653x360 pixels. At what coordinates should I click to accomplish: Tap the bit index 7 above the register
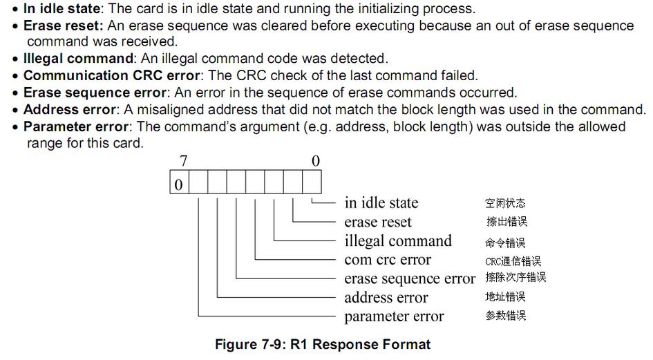point(184,161)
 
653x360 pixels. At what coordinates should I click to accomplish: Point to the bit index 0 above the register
point(316,161)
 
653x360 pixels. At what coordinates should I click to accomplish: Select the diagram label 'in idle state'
point(381,202)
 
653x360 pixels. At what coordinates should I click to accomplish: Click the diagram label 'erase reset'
point(377,222)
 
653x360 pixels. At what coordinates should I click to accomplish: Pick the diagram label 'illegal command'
point(397,241)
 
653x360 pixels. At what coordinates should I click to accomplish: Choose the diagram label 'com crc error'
point(387,260)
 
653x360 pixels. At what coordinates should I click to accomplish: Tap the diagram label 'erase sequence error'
point(410,278)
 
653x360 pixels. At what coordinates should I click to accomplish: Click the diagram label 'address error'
point(386,298)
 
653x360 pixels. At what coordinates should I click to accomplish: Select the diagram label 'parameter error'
point(394,316)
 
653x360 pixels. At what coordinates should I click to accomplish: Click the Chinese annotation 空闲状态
point(505,203)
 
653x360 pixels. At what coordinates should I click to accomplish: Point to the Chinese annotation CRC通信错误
point(513,261)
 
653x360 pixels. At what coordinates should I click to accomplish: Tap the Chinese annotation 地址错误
point(505,297)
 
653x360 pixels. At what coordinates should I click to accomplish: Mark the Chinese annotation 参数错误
point(505,316)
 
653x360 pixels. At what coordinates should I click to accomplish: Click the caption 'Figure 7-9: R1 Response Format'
point(323,344)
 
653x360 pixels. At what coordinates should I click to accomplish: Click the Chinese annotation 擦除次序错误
point(515,278)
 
